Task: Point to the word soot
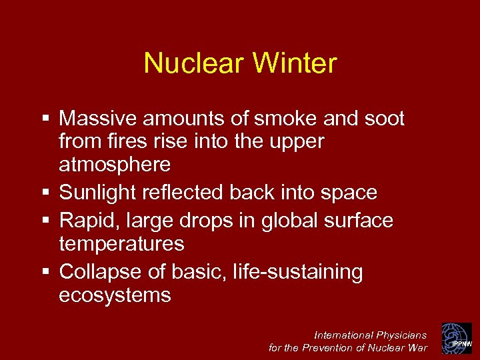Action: (x=383, y=119)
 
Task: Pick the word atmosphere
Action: (x=115, y=164)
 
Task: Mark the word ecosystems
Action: (x=115, y=295)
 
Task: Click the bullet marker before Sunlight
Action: (x=45, y=193)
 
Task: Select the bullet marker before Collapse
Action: (x=45, y=272)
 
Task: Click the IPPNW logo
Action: (x=456, y=338)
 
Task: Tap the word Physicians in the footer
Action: (x=401, y=335)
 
